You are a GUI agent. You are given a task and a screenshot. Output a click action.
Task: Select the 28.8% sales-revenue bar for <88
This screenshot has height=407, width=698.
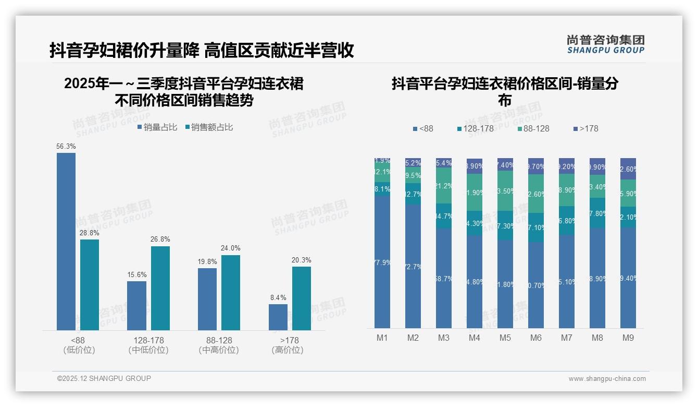point(90,284)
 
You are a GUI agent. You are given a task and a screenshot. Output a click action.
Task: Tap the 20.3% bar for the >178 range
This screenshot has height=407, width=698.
point(302,298)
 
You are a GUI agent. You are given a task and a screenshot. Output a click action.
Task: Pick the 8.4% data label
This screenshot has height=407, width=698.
point(278,298)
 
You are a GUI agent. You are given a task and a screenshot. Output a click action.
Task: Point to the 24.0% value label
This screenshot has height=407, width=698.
point(231,248)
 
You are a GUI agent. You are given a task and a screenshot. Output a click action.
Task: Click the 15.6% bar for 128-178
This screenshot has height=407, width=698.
point(137,305)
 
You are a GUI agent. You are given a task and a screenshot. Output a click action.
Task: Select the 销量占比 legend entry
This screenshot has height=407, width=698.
point(157,127)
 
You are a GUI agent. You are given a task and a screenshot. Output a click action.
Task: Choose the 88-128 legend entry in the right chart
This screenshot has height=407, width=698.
point(533,128)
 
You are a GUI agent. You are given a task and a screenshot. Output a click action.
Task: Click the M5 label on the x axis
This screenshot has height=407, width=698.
point(505,338)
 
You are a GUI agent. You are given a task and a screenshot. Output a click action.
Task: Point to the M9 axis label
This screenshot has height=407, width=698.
point(628,338)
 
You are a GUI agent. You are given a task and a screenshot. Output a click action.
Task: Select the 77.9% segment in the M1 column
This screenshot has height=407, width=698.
point(382,262)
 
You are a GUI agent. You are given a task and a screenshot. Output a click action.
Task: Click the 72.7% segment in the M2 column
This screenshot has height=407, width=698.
point(413,266)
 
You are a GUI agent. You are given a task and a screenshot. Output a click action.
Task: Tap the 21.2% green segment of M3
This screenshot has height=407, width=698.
point(444,185)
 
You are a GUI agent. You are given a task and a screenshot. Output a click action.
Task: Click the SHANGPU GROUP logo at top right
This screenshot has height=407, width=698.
point(606,44)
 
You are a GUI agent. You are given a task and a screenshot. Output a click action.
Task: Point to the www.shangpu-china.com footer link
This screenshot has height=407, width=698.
point(607,379)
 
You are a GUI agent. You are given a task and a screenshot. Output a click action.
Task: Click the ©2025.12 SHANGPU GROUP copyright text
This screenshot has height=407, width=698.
point(104,378)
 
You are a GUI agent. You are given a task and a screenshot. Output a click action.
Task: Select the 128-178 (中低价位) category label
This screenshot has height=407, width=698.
point(148,345)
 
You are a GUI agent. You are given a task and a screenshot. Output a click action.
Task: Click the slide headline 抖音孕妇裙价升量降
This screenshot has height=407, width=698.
point(124,50)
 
